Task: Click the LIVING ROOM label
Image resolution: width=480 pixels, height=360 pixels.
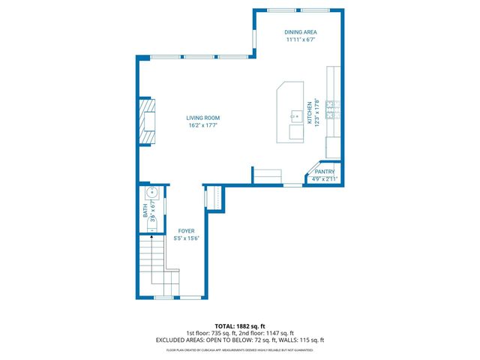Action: point(203,118)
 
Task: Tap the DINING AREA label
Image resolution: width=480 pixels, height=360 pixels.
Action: point(299,32)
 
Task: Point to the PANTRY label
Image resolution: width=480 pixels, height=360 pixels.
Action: point(325,172)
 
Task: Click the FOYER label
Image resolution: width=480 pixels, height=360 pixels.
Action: point(187,231)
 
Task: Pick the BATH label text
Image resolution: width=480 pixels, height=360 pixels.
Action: point(145,212)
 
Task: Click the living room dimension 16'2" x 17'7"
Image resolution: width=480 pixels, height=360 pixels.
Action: point(203,125)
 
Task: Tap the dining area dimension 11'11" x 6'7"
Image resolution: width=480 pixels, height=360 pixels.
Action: point(299,40)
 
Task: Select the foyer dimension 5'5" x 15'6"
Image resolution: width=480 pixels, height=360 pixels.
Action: point(187,238)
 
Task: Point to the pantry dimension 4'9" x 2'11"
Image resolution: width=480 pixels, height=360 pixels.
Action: point(325,178)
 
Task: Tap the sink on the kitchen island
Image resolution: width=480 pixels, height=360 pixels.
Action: point(295,116)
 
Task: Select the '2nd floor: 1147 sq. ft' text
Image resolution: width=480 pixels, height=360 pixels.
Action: point(266,333)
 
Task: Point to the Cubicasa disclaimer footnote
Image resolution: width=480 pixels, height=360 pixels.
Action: point(239,349)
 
